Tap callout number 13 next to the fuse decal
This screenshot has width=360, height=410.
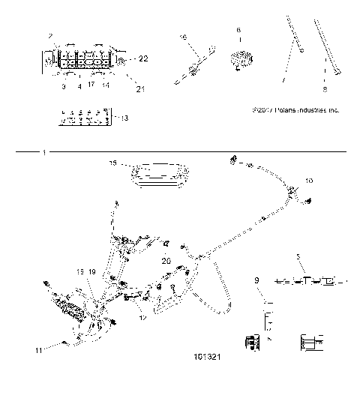click(123, 118)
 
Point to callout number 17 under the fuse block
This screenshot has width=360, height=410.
click(90, 85)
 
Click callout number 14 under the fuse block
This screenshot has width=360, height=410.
click(106, 85)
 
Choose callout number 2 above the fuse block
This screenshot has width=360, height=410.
click(50, 36)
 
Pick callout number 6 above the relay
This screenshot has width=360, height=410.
click(238, 30)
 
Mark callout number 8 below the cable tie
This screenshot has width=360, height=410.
click(324, 88)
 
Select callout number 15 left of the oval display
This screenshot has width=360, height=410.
click(112, 162)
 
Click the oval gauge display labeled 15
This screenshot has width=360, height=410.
click(160, 175)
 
